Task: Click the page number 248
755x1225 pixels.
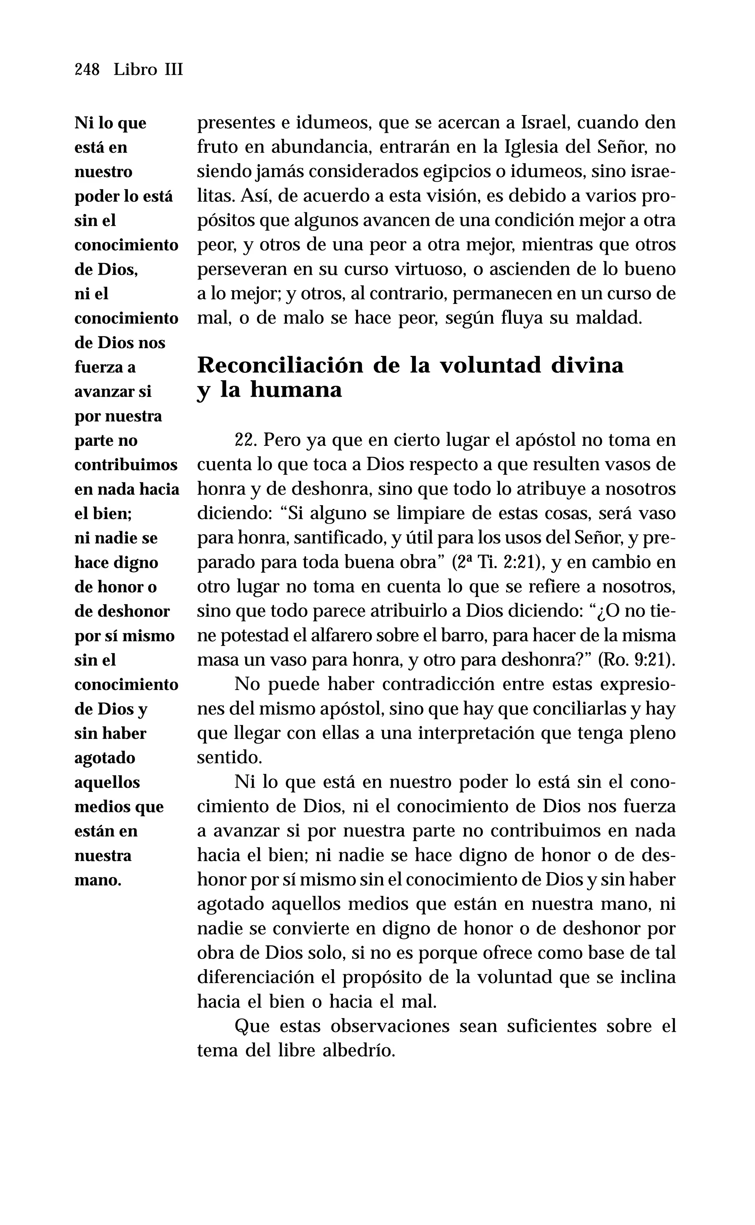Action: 87,69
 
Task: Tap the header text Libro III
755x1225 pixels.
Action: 148,69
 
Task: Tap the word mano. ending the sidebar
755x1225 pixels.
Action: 98,880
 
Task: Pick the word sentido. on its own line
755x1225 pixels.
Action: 229,758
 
